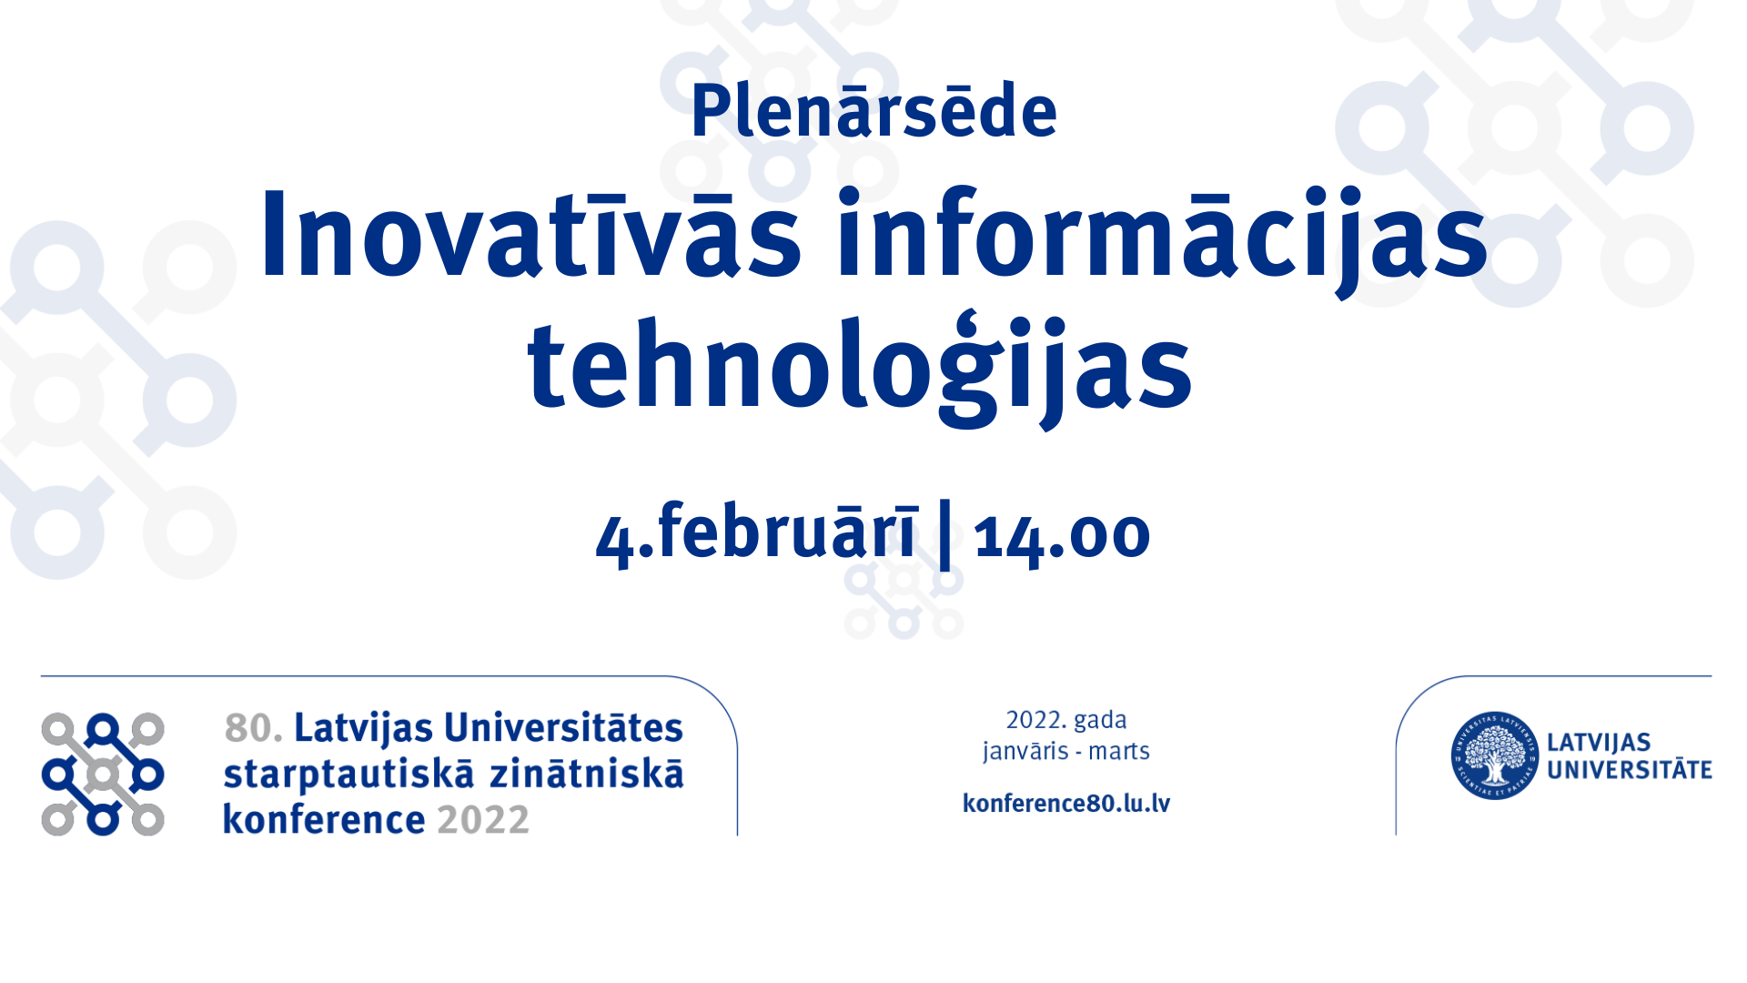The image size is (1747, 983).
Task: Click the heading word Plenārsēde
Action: [873, 111]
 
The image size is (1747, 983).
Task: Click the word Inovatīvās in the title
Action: [530, 233]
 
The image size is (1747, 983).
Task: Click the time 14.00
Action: [1062, 535]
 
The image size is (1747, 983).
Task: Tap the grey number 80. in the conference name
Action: [254, 728]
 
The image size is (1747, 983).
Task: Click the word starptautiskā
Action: [348, 775]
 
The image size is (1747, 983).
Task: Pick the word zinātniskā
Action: [587, 774]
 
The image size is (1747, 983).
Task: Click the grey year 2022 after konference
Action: [483, 820]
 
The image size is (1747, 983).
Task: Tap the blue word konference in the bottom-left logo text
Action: [324, 819]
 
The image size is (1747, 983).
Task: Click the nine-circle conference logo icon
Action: [103, 774]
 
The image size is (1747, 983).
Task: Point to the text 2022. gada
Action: [1066, 720]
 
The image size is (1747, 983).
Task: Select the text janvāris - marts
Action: [1066, 752]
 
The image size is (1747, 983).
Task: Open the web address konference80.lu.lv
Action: [1066, 803]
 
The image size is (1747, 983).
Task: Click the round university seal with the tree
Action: [1494, 755]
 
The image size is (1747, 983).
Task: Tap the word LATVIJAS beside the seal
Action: [1599, 743]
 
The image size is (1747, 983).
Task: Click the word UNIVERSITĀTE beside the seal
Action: [1630, 770]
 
